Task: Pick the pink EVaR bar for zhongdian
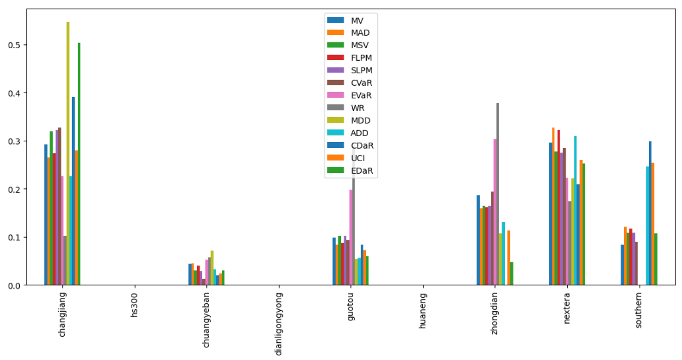point(495,212)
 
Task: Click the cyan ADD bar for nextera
point(576,211)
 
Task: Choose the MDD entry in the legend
point(361,120)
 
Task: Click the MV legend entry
point(358,20)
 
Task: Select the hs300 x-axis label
point(135,305)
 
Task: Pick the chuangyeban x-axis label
point(207,317)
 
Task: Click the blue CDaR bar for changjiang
point(73,192)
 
